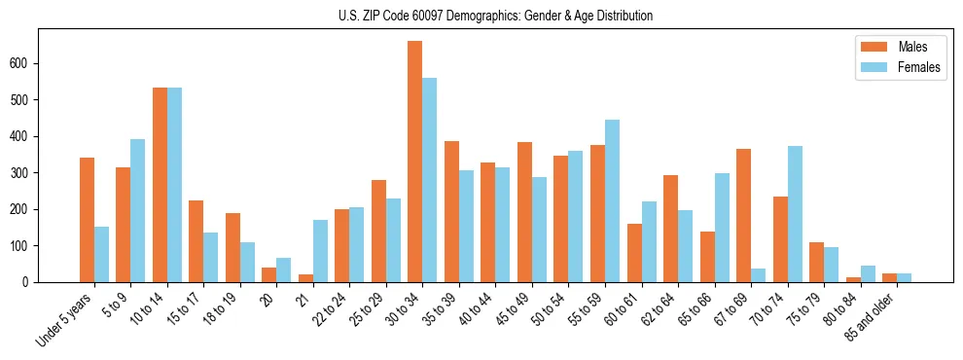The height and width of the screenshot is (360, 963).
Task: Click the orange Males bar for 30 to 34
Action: tap(415, 162)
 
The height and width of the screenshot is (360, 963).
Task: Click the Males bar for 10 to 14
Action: tap(160, 185)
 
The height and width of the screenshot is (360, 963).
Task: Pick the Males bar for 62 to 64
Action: tap(671, 229)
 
